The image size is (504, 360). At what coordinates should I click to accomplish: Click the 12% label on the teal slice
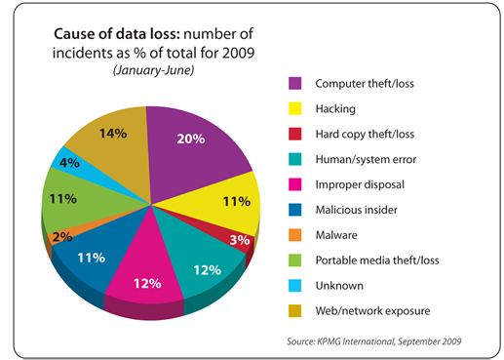207,269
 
